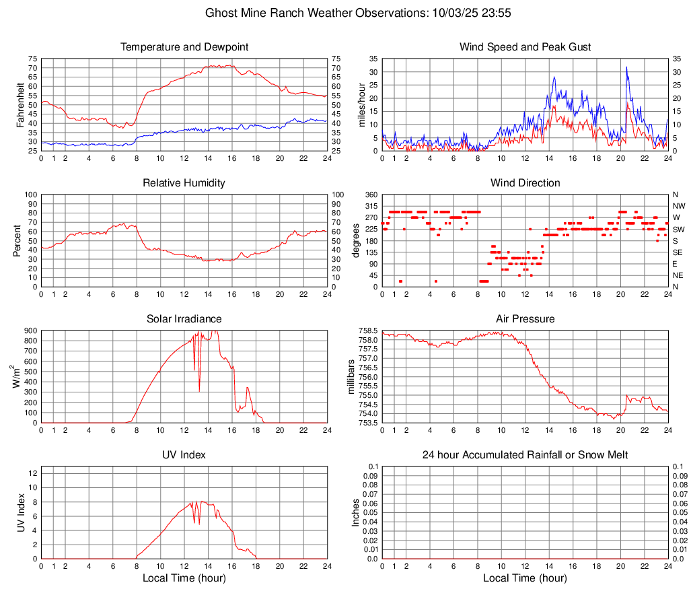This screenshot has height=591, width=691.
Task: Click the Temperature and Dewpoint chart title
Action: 184,47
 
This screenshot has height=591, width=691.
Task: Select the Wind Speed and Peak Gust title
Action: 525,47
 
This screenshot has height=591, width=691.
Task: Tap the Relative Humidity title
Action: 184,183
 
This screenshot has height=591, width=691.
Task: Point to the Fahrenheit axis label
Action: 20,104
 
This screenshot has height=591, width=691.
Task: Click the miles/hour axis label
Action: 361,104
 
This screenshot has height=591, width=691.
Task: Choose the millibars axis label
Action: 351,377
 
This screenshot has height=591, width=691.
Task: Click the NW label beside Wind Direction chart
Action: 678,206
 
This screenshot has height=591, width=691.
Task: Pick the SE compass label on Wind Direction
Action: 678,252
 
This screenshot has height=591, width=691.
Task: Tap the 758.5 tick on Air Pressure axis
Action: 369,331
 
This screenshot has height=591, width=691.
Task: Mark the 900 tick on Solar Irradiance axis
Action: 31,331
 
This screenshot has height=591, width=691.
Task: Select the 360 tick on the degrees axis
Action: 371,195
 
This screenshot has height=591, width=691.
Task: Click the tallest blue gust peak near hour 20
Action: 626,67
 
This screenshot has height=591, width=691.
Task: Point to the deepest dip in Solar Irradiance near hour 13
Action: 199,391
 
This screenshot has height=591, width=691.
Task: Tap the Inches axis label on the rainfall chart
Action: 356,513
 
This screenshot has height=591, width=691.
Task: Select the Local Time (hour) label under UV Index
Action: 184,578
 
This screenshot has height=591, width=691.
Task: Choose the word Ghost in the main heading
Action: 220,13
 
